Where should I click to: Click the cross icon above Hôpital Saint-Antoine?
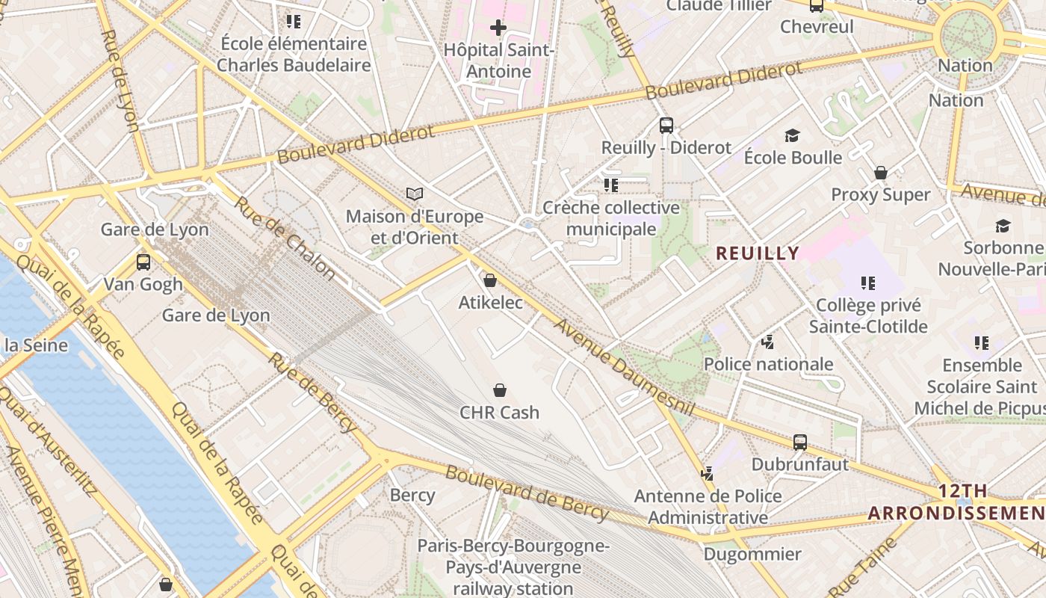[498, 28]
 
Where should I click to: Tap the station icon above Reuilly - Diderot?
[666, 126]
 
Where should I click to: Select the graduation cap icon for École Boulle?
[792, 135]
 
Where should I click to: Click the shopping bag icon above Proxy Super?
[881, 173]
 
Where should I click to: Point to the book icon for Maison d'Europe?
[415, 194]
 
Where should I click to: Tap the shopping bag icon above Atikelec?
[490, 280]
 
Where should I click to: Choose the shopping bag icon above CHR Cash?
[500, 390]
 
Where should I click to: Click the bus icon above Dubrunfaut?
[800, 442]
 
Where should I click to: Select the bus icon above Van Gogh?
[143, 262]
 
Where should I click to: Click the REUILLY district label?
[758, 253]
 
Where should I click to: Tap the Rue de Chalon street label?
[284, 238]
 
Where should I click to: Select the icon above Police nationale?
[767, 342]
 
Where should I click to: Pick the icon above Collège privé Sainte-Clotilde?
[867, 283]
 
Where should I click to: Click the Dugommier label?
[752, 554]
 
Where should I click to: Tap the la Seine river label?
[36, 345]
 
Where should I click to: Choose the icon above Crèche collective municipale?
[611, 185]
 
